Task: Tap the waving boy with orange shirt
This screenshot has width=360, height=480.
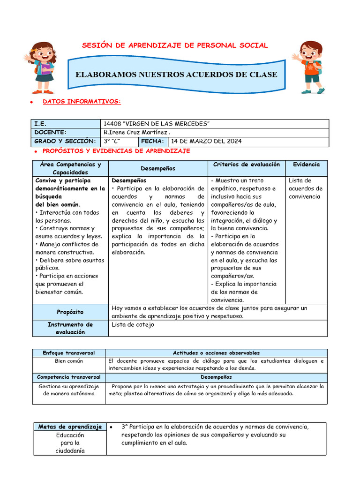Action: (x=309, y=67)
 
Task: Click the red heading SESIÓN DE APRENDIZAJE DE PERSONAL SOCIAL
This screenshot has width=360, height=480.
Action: (x=175, y=45)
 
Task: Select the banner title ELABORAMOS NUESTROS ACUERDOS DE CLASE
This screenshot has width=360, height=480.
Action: (x=176, y=75)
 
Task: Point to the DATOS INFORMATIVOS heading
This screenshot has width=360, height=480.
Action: (x=82, y=101)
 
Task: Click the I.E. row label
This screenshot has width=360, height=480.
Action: (x=40, y=123)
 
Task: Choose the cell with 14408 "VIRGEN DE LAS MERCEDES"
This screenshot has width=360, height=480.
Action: (x=157, y=123)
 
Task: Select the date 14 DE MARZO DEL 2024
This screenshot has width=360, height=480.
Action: (x=207, y=141)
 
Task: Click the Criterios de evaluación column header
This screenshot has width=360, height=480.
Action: (x=246, y=165)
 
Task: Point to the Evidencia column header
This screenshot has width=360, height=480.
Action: (x=306, y=165)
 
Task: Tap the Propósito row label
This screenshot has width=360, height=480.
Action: (x=70, y=312)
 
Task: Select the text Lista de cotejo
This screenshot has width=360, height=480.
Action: (x=133, y=324)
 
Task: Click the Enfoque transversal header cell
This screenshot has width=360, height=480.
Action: (x=68, y=352)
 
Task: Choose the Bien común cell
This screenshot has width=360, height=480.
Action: (x=68, y=361)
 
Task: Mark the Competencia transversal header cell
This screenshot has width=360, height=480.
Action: (x=68, y=377)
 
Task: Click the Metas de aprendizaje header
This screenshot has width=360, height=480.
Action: (x=70, y=427)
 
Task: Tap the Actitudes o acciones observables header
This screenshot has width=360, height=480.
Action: (x=216, y=352)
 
